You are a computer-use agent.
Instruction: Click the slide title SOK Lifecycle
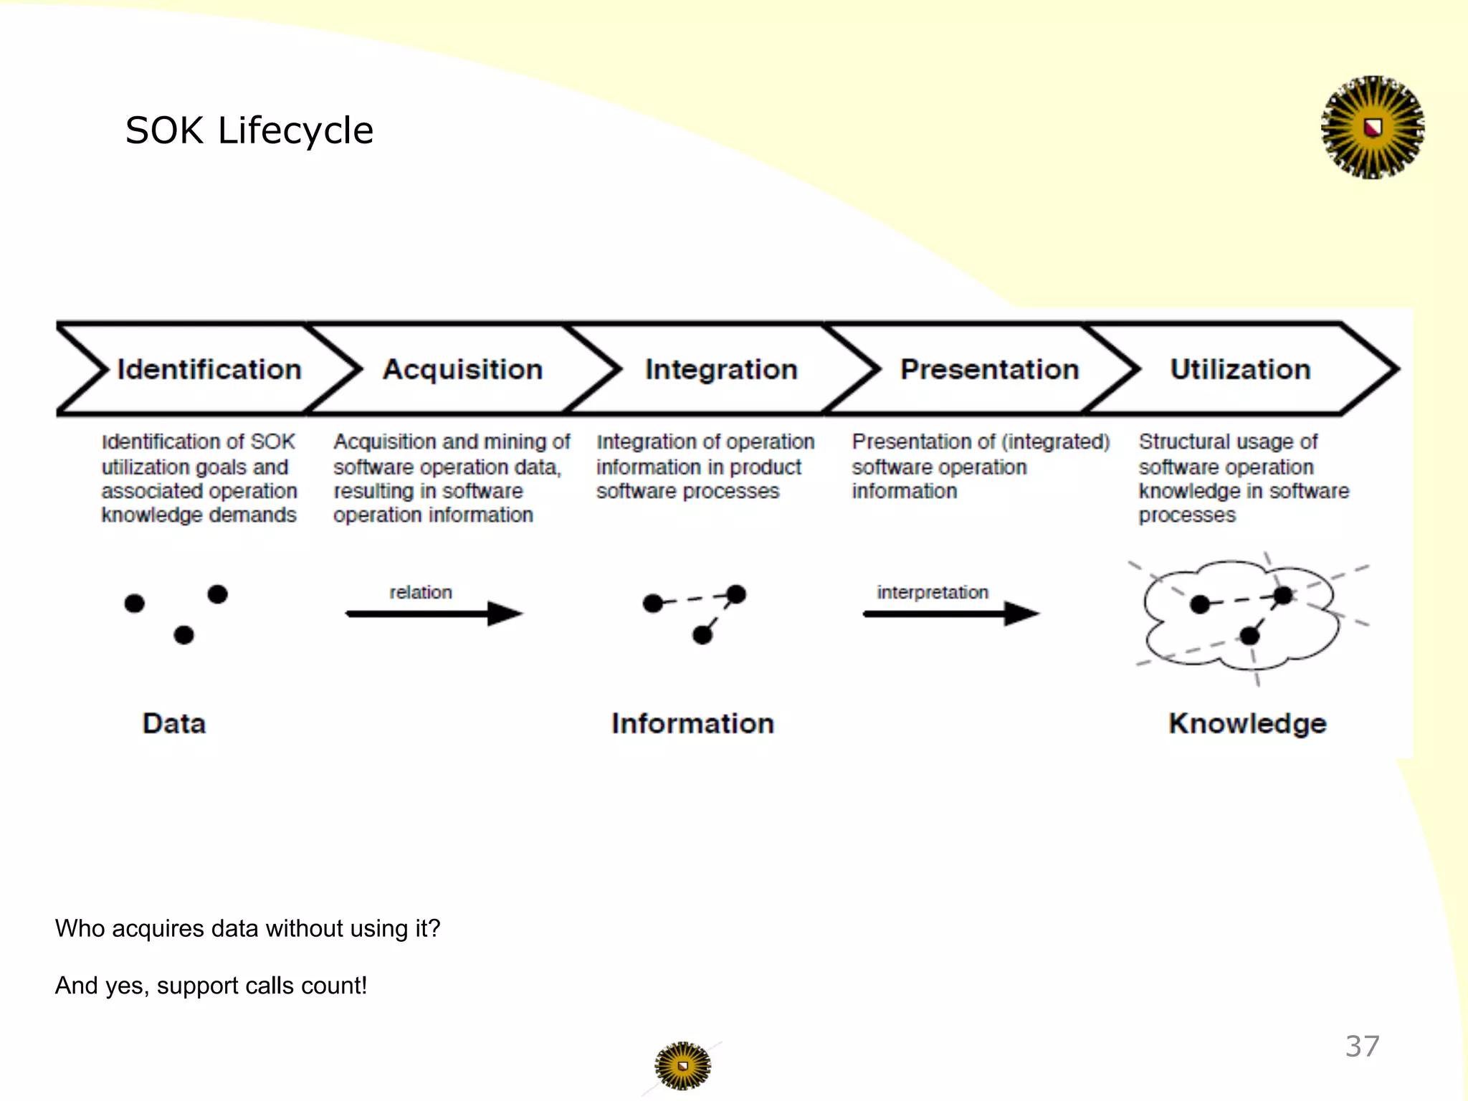pyautogui.click(x=249, y=130)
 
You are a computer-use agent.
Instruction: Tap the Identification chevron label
pyautogui.click(x=209, y=369)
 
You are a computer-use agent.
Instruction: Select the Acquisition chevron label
pyautogui.click(x=462, y=369)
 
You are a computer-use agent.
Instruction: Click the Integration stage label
pyautogui.click(x=721, y=369)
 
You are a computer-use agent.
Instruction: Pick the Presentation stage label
pyautogui.click(x=989, y=369)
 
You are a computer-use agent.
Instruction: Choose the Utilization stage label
pyautogui.click(x=1240, y=369)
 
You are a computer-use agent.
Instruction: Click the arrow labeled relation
pyautogui.click(x=434, y=614)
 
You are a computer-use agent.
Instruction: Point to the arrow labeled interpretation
pyautogui.click(x=950, y=614)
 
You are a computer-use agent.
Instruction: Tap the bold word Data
pyautogui.click(x=174, y=723)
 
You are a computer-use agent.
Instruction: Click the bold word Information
pyautogui.click(x=692, y=723)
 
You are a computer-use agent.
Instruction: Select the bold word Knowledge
pyautogui.click(x=1247, y=723)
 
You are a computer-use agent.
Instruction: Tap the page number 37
pyautogui.click(x=1362, y=1047)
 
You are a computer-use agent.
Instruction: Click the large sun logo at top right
pyautogui.click(x=1372, y=128)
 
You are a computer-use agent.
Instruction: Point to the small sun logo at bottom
pyautogui.click(x=682, y=1066)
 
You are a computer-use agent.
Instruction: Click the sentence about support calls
pyautogui.click(x=211, y=986)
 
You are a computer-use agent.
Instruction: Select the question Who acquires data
pyautogui.click(x=247, y=928)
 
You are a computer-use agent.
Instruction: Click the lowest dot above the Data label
pyautogui.click(x=183, y=635)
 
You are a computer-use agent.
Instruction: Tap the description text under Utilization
pyautogui.click(x=1243, y=478)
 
